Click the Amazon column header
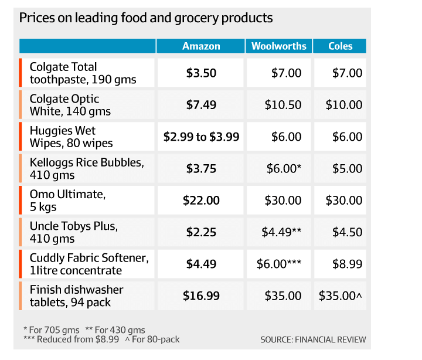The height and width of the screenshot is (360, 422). coord(201,46)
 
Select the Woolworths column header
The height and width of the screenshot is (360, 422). coord(279,46)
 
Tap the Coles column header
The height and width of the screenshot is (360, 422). coord(341,46)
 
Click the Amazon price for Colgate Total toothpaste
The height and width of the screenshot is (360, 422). coord(201,73)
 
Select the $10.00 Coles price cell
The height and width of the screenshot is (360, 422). coord(344,105)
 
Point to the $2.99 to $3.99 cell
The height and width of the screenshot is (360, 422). coord(201,137)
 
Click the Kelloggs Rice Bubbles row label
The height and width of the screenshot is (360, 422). coord(87,168)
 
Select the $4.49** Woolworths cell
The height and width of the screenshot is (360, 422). coord(281,232)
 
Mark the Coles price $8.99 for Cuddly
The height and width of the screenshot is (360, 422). coord(348,264)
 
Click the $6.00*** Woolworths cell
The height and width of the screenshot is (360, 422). coord(279,264)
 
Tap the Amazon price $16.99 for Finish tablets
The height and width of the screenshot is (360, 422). coord(201,296)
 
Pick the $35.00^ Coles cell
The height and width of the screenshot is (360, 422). coord(341,296)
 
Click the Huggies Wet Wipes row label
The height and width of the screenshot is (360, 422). coord(71,137)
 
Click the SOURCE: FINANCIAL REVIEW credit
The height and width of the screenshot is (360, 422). coord(313,339)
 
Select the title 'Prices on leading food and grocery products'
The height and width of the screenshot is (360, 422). coord(146,18)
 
